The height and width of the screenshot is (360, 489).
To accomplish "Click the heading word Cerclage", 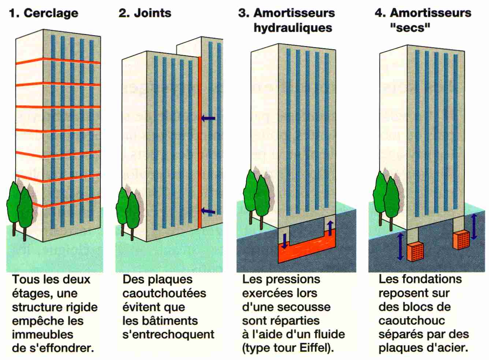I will [x=51, y=13].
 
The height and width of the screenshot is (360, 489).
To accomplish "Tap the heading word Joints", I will [x=152, y=13].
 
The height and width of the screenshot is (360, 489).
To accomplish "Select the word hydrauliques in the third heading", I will [x=293, y=28].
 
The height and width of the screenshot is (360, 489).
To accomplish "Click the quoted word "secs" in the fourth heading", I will [x=410, y=28].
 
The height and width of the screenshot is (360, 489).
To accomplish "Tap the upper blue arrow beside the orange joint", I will [x=208, y=118].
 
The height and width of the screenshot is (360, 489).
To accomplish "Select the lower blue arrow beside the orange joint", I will [x=208, y=211].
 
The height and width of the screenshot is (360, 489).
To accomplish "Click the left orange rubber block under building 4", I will [x=415, y=252].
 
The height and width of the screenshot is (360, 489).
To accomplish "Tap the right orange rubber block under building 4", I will [x=461, y=240].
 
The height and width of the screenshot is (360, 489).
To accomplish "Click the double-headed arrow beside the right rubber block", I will [x=474, y=226].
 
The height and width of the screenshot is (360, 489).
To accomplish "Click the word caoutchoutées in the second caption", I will [x=164, y=293].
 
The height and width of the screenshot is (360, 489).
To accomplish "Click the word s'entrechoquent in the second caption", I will [x=168, y=334].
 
